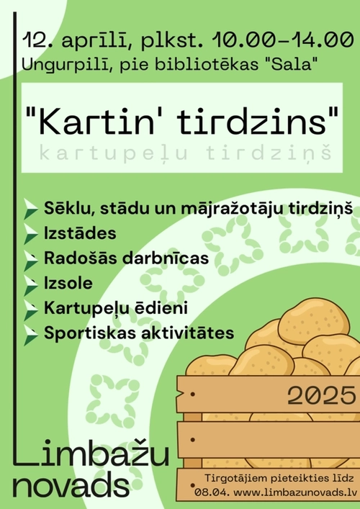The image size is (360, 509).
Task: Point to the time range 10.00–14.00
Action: [283, 40]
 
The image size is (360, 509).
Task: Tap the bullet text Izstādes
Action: [80, 233]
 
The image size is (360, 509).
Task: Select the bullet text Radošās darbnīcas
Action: [126, 258]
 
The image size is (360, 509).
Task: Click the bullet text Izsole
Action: [68, 283]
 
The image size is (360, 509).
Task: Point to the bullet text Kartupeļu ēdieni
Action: [116, 308]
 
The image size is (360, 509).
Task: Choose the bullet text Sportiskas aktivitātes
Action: [139, 333]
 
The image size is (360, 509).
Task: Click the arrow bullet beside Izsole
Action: [31, 286]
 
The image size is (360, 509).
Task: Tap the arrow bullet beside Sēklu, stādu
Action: [31, 210]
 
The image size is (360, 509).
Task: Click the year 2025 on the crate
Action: [321, 395]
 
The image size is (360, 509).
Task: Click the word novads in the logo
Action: [71, 486]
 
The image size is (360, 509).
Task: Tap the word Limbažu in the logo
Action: [91, 453]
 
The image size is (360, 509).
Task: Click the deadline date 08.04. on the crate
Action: [212, 492]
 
